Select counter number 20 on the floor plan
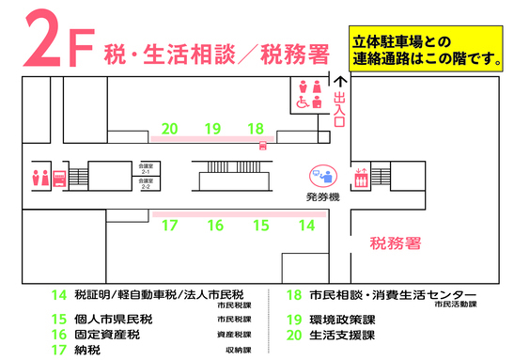[x=170, y=129]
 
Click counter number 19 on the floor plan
[x=212, y=129]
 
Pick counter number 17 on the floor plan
[x=170, y=226]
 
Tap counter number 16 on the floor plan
[x=215, y=226]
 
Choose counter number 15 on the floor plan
[x=260, y=226]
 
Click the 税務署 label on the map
[x=394, y=243]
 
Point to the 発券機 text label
[x=322, y=198]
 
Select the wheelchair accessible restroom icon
[x=304, y=104]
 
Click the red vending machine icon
[x=59, y=178]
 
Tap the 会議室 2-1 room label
[x=146, y=169]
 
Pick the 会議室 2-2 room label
[x=146, y=185]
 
